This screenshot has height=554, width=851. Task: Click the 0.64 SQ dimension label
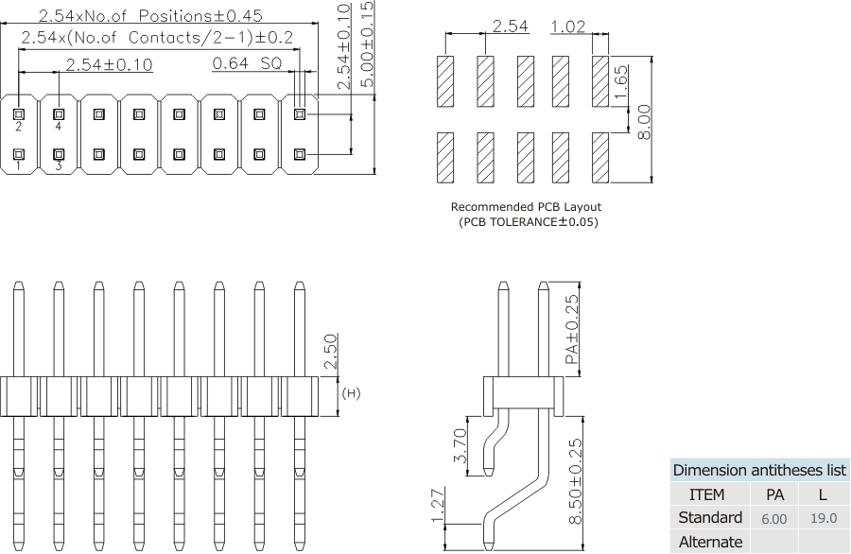tap(247, 64)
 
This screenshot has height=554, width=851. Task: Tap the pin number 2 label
tap(18, 126)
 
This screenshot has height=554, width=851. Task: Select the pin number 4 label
tap(59, 126)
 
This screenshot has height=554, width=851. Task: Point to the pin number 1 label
tap(18, 166)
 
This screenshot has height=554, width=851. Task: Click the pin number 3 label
tap(59, 166)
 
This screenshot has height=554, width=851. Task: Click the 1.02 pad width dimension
tap(567, 26)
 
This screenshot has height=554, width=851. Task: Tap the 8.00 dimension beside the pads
tap(644, 121)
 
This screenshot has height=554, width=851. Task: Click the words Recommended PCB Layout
tap(526, 207)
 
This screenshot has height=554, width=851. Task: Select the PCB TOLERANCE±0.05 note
tap(526, 222)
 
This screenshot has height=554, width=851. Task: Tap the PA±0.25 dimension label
tap(570, 330)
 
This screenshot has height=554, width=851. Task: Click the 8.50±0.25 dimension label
tap(574, 478)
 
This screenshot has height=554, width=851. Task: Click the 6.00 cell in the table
tap(773, 519)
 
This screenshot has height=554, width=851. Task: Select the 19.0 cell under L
tap(824, 519)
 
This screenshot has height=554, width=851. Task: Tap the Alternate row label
tap(710, 542)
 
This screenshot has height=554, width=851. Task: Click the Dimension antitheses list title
tap(759, 471)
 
